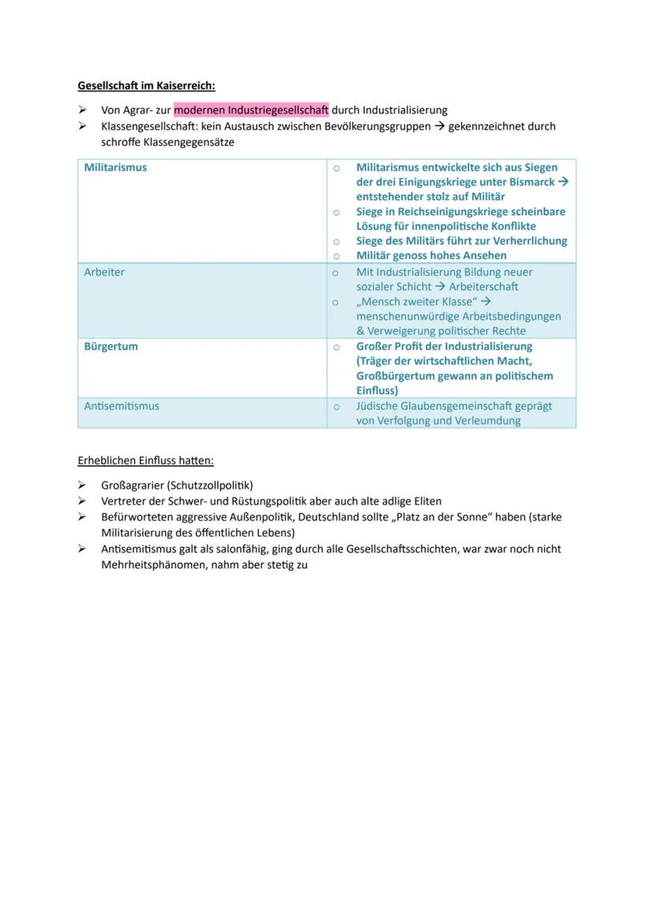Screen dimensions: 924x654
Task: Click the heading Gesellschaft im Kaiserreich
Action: click(x=146, y=85)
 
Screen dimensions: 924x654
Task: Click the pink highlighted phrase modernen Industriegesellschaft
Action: click(x=250, y=110)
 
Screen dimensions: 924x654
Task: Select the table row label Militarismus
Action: click(x=115, y=167)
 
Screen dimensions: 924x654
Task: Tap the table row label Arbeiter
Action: click(x=104, y=272)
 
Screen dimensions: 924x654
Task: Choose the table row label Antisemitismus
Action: click(x=122, y=406)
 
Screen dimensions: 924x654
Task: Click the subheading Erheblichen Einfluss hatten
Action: click(x=145, y=461)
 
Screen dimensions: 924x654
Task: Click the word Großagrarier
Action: click(x=132, y=485)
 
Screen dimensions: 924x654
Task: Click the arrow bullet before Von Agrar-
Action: click(x=82, y=110)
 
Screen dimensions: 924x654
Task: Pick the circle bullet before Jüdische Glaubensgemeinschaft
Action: click(x=336, y=406)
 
